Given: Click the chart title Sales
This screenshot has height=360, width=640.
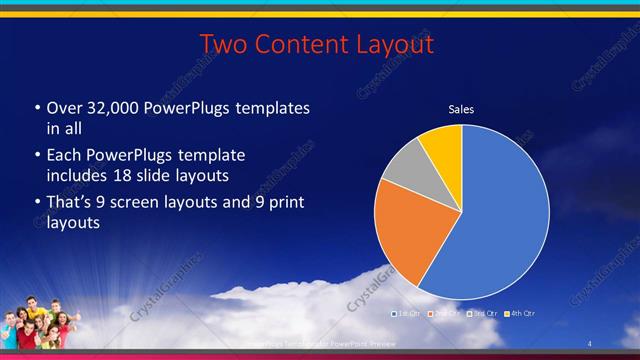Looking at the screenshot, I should (x=461, y=110).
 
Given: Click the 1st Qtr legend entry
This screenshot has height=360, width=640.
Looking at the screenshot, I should (x=407, y=314).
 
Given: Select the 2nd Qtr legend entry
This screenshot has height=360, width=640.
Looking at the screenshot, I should (x=445, y=314).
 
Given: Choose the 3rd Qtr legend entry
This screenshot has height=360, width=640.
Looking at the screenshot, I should (x=483, y=314).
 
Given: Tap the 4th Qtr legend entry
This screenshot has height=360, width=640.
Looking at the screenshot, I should (x=521, y=314).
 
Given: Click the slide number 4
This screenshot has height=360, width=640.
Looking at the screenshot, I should (x=589, y=344).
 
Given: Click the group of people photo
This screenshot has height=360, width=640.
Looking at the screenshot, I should (x=40, y=323).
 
